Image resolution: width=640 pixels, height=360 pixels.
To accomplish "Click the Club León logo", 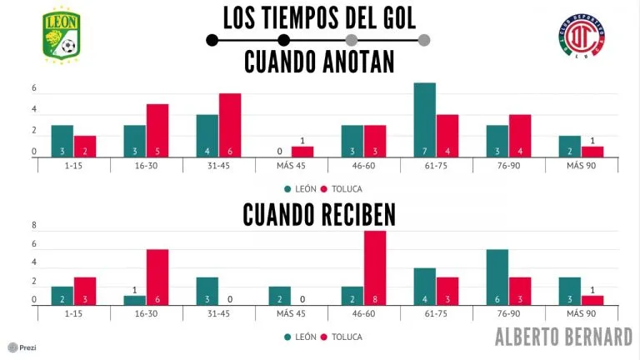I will pyautogui.click(x=62, y=34).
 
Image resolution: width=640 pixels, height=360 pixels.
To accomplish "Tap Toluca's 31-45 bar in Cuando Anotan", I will pyautogui.click(x=230, y=125).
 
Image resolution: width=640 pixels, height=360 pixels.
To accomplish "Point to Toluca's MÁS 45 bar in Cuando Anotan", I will pyautogui.click(x=302, y=152).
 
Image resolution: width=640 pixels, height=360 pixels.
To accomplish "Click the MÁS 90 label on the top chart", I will pyautogui.click(x=582, y=166).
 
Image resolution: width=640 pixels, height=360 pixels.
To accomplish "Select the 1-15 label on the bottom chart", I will pyautogui.click(x=73, y=314).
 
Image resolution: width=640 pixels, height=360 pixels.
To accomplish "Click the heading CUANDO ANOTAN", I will pyautogui.click(x=319, y=63).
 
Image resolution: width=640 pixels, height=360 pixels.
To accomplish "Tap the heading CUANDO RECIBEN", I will pyautogui.click(x=319, y=214).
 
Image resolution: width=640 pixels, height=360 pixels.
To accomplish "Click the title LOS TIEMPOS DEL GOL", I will pyautogui.click(x=319, y=17).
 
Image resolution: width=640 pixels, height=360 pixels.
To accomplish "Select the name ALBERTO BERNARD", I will pyautogui.click(x=563, y=337).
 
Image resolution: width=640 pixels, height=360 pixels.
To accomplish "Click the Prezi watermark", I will pyautogui.click(x=22, y=347).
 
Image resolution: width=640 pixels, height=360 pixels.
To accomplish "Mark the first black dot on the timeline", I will pyautogui.click(x=212, y=39).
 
